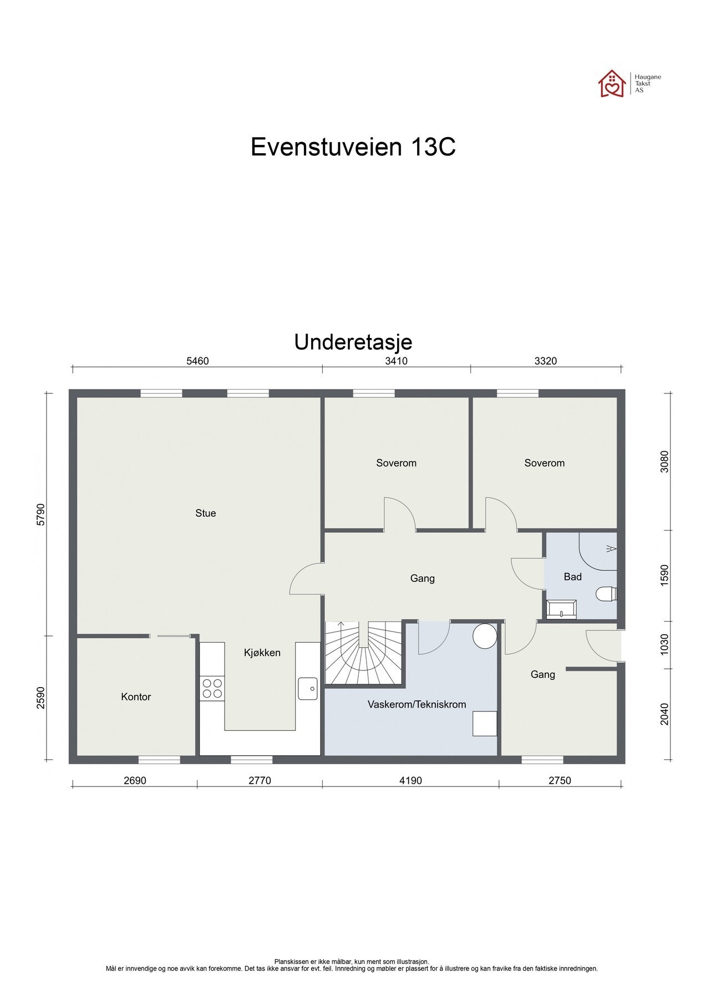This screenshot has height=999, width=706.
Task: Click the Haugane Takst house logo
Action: click(x=612, y=84)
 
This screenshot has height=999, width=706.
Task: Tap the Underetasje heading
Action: click(x=353, y=342)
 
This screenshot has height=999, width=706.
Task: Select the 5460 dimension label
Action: click(x=197, y=361)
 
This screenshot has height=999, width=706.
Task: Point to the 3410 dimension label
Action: click(x=397, y=361)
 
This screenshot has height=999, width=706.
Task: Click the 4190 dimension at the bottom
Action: click(x=410, y=781)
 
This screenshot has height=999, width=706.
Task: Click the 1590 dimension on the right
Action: click(x=665, y=576)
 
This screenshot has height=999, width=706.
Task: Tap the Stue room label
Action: click(x=205, y=513)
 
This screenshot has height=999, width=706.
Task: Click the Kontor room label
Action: click(x=136, y=697)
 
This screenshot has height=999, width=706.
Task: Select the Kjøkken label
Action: click(x=262, y=653)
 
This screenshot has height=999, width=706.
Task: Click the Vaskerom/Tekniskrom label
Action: click(x=417, y=705)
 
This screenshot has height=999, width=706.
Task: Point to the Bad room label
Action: click(x=572, y=577)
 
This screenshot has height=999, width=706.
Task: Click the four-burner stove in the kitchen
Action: click(x=212, y=688)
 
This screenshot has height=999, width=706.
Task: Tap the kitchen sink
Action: click(x=307, y=688)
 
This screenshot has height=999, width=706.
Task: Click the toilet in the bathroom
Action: click(x=606, y=594)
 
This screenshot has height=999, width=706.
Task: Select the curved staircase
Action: click(x=363, y=655)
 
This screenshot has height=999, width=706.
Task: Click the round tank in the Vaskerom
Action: click(x=485, y=636)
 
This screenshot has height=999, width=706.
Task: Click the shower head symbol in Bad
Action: click(x=611, y=549)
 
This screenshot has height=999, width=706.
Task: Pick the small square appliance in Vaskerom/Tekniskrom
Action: click(x=484, y=724)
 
